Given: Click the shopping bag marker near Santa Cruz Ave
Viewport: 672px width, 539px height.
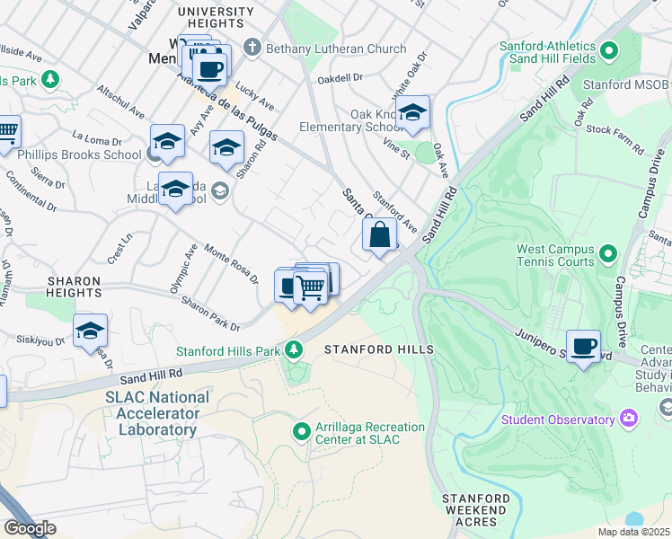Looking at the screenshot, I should click(x=380, y=236).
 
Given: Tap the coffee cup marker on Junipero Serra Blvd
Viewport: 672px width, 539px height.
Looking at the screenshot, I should click(x=583, y=346).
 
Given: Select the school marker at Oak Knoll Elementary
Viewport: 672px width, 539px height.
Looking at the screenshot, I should click(x=412, y=113).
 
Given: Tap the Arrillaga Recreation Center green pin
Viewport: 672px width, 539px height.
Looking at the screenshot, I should click(x=303, y=432).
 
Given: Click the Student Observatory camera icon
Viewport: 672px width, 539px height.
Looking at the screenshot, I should click(x=629, y=419).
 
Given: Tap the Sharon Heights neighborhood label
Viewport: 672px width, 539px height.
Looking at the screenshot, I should click(x=75, y=286).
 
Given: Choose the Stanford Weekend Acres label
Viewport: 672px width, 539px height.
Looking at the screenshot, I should click(x=475, y=510).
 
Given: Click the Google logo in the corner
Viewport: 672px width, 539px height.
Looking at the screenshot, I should click(x=29, y=528).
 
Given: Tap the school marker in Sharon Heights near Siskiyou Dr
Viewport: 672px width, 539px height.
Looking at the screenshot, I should click(x=90, y=331).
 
